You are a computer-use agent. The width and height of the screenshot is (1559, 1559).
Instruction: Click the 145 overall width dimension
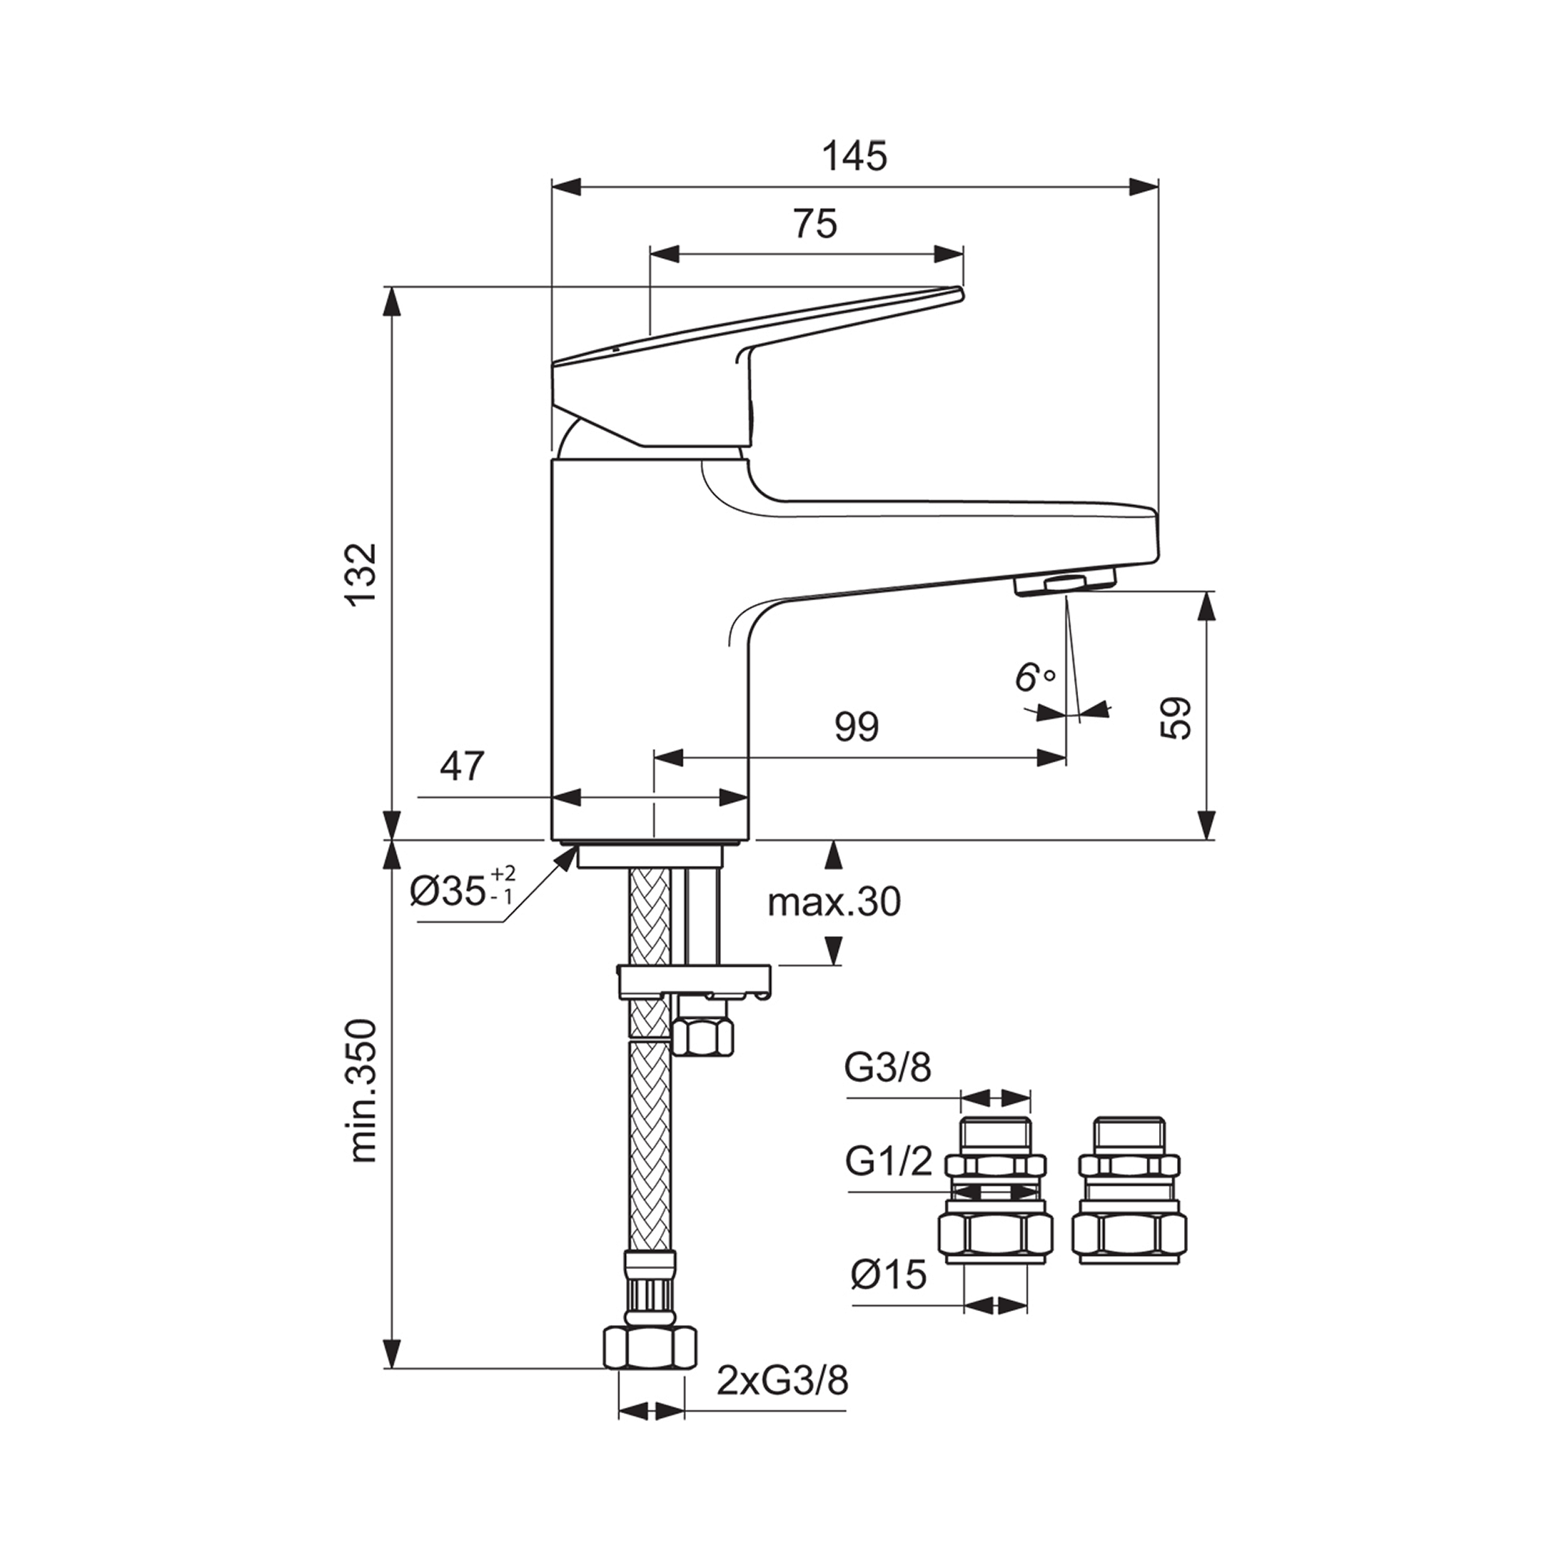tap(854, 156)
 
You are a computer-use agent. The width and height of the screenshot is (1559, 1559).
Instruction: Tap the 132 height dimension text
tap(362, 574)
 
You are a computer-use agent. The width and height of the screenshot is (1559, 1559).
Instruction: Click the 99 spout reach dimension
tap(856, 728)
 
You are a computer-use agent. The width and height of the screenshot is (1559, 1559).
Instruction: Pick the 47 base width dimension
tap(462, 765)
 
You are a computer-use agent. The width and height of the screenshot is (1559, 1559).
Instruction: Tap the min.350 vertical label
tap(364, 1091)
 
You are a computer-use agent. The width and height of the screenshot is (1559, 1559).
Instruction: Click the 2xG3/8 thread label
tap(783, 1382)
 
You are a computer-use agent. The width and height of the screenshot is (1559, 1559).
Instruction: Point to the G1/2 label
tap(889, 1162)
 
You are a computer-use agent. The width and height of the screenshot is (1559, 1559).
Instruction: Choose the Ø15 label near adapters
tap(889, 1274)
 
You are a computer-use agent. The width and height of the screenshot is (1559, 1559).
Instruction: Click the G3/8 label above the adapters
tap(889, 1069)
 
